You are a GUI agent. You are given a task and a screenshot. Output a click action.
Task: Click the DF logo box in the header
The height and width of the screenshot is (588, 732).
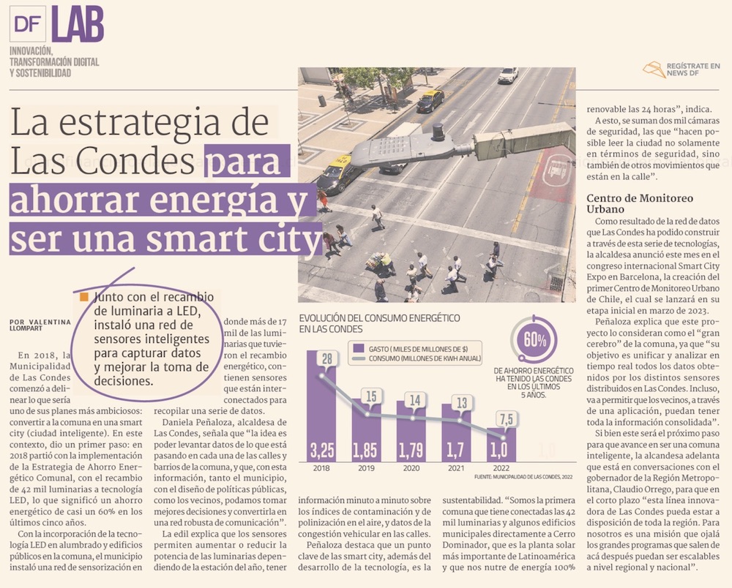[x=28, y=24]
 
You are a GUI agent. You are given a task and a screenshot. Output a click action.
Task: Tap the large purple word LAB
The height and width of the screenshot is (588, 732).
[x=78, y=24]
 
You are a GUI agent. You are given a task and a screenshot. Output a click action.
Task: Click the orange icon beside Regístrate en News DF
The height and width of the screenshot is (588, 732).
[x=654, y=70]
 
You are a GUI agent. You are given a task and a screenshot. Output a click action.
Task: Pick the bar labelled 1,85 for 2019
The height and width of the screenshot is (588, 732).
[x=366, y=431]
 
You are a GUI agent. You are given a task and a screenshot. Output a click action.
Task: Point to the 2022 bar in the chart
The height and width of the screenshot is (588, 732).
[x=501, y=445]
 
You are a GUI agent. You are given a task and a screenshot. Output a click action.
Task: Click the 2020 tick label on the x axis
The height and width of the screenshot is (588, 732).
[x=411, y=470]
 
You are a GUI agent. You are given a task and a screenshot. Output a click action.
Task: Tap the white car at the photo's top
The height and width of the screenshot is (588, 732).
[x=507, y=75]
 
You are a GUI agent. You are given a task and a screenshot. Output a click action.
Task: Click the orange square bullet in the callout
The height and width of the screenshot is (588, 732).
[x=85, y=298]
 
